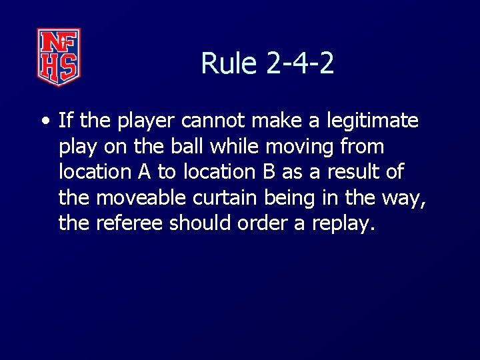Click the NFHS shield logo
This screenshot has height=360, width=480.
click(59, 57)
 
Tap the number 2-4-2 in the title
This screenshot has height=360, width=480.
click(300, 64)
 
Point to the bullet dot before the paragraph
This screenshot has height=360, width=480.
click(45, 121)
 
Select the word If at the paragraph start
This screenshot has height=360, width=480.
click(65, 121)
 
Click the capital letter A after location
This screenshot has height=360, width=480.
click(144, 171)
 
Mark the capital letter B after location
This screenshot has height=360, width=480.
click(269, 171)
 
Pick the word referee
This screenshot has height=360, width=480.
click(130, 222)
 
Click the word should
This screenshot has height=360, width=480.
click(199, 222)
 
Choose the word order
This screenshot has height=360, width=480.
click(261, 222)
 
